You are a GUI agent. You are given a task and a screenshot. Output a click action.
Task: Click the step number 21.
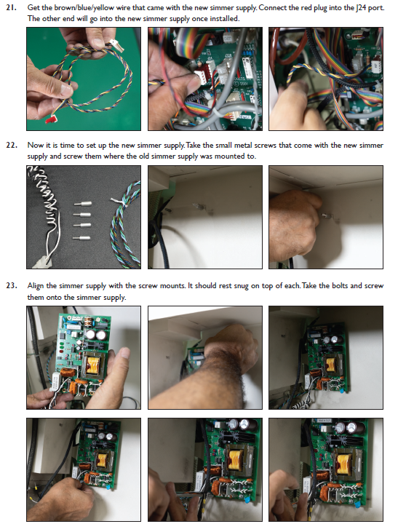(x=11, y=7)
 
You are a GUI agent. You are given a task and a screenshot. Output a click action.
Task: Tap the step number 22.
(x=11, y=146)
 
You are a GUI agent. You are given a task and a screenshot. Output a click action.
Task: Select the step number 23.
(x=11, y=286)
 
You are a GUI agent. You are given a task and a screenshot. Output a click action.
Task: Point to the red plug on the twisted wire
(x=51, y=120)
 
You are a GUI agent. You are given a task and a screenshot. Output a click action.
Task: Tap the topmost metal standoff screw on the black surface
(x=82, y=205)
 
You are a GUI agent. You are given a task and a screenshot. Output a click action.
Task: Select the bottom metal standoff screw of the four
(x=82, y=238)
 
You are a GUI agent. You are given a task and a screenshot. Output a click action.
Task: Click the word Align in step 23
(x=36, y=286)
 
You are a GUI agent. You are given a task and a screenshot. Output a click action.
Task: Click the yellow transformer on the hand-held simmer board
(x=93, y=364)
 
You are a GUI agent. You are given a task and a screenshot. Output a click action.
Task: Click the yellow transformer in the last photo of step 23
(x=343, y=464)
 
